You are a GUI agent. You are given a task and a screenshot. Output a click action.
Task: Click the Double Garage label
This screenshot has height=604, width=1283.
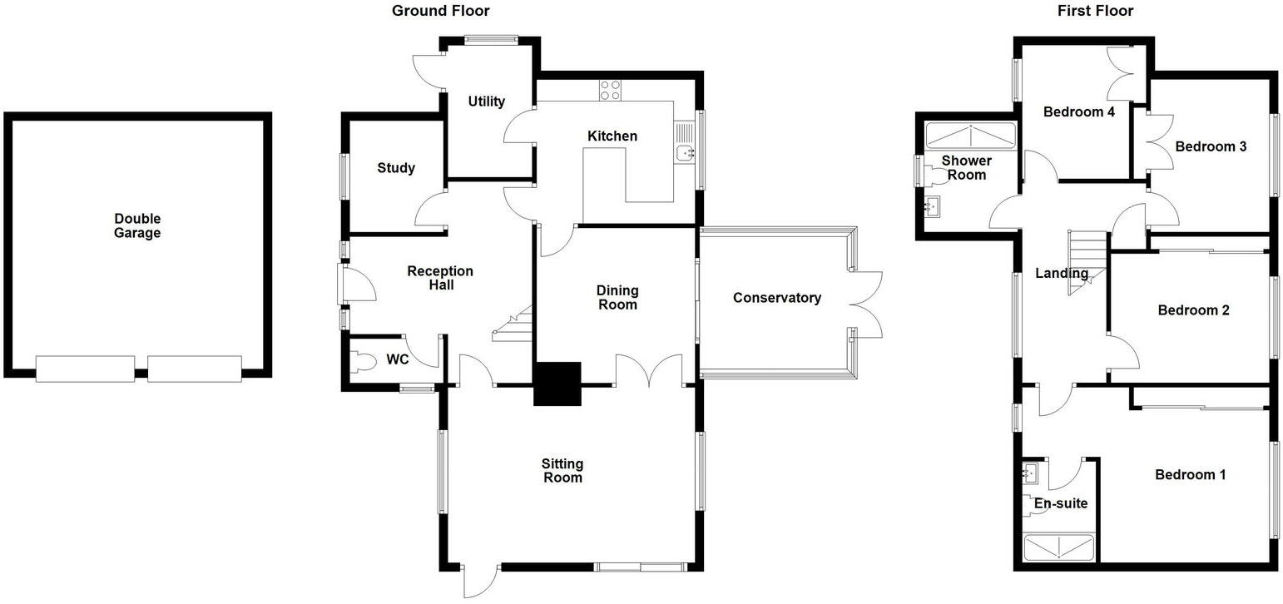137,226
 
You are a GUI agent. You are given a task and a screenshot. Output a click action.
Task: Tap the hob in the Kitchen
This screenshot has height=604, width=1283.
610,89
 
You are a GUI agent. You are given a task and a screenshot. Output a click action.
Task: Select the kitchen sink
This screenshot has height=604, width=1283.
685,152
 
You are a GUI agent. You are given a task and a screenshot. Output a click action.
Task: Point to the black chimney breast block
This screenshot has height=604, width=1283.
557,384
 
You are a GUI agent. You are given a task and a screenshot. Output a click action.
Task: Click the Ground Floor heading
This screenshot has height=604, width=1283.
440,11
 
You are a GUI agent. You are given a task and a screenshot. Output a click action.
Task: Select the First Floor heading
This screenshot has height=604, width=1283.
1095,11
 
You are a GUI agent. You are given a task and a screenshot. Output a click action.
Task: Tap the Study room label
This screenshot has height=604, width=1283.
396,168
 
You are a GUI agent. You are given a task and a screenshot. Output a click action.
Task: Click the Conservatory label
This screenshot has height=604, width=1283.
776,298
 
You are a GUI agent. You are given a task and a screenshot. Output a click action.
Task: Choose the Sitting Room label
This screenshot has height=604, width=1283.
562,471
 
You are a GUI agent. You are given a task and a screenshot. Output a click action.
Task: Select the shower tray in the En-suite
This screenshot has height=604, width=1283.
1058,548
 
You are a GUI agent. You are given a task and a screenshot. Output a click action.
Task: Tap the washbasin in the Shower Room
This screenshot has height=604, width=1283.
934,205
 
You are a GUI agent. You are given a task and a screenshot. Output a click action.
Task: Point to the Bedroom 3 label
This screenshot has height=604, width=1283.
1210,146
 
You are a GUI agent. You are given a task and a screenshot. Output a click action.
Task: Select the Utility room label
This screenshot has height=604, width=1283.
486,101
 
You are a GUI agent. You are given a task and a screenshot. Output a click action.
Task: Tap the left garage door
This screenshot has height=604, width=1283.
85,369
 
